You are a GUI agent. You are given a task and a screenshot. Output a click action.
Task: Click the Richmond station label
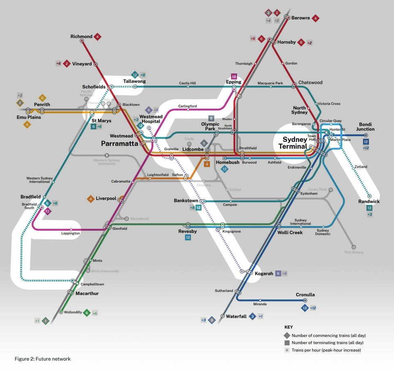point(81,36)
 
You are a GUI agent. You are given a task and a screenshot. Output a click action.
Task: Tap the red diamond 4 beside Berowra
point(316,18)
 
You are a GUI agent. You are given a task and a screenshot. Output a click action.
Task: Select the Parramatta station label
point(119,143)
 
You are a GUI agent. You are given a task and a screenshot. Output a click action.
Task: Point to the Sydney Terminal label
point(295,143)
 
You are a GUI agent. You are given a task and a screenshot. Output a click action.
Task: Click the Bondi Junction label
point(367,127)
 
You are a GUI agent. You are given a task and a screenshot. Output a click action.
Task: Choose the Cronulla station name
point(305,295)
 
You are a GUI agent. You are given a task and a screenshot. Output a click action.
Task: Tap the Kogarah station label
point(264,273)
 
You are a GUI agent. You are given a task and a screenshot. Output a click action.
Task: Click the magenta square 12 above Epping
point(234,77)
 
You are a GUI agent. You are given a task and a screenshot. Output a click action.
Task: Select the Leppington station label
point(71,233)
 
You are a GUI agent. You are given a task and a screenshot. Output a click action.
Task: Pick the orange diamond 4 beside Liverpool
point(90,199)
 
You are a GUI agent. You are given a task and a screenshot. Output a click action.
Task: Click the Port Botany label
point(354,252)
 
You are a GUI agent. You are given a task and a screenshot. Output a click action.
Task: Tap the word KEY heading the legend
point(289,327)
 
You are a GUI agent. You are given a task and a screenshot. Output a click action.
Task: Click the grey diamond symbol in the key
point(286,335)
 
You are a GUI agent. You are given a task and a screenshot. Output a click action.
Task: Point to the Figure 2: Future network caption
point(43,359)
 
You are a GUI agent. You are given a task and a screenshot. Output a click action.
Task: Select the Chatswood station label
point(310,82)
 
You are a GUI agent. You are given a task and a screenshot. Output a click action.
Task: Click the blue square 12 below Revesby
point(188,237)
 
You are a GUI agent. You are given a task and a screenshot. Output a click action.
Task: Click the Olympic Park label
point(210,126)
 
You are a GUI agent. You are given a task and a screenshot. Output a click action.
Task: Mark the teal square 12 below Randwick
point(369,208)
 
